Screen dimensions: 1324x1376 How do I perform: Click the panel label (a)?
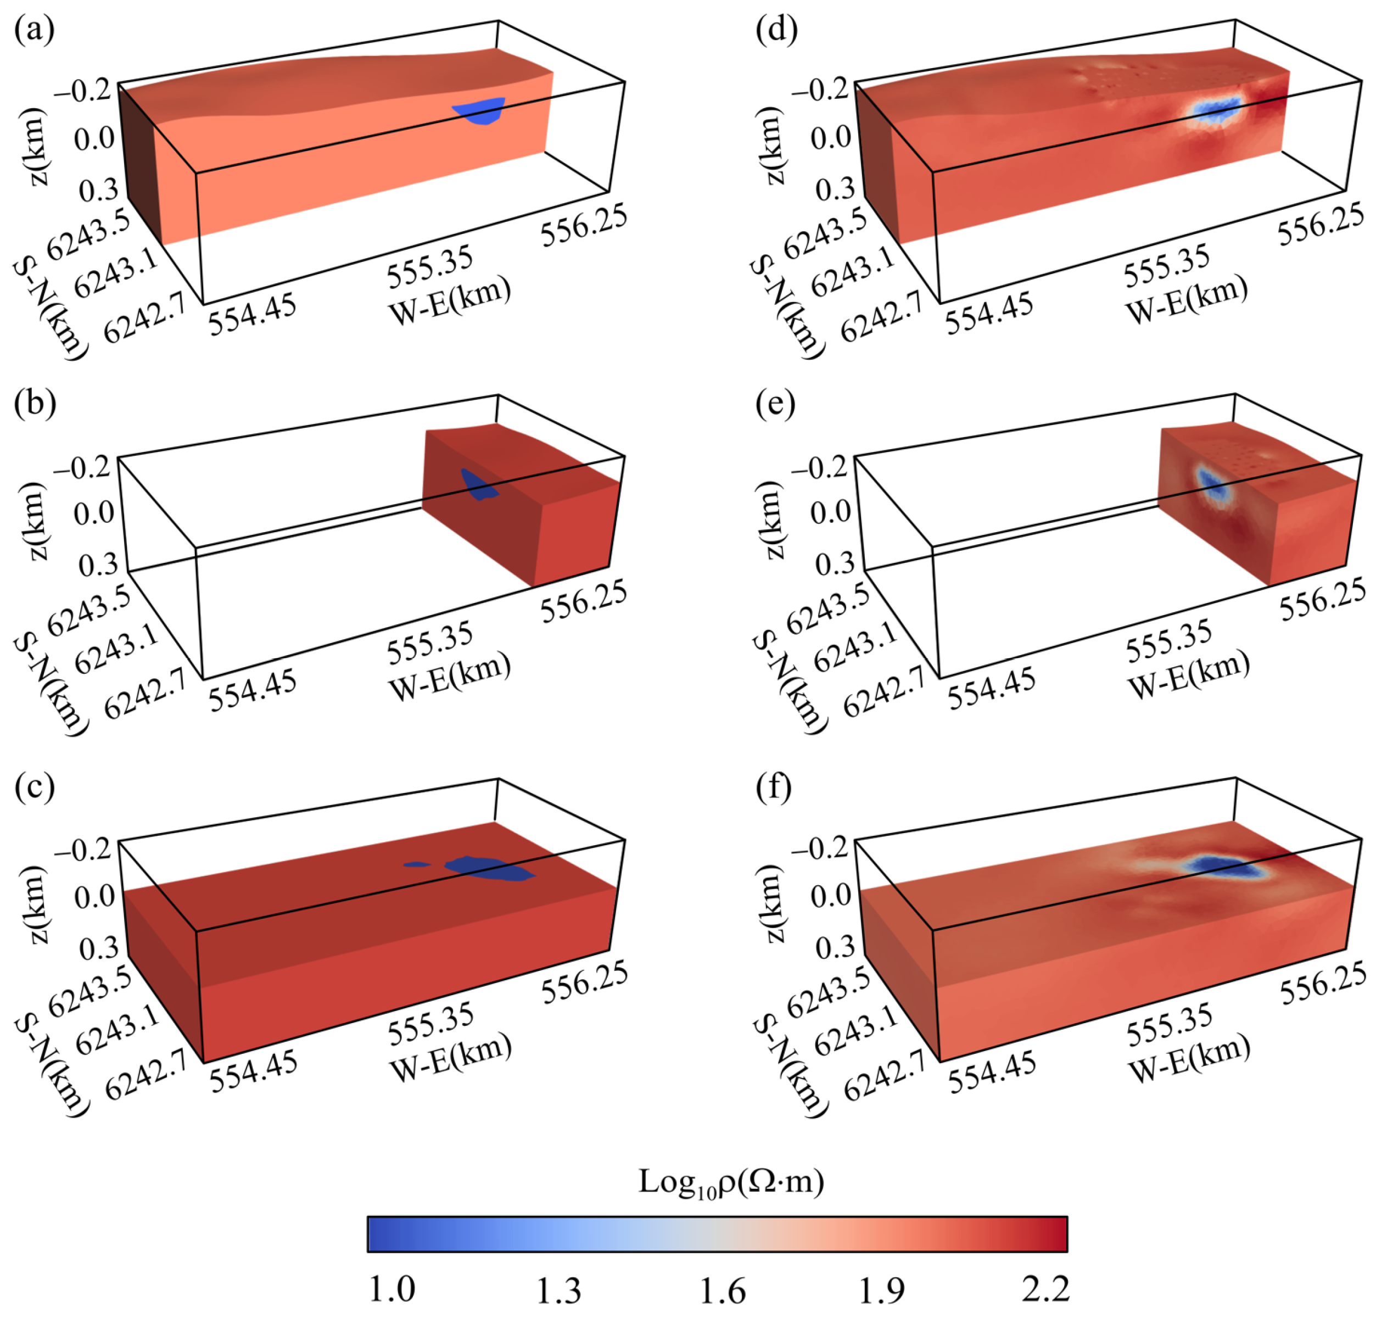(33, 31)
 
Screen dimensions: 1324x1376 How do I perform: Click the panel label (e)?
(775, 405)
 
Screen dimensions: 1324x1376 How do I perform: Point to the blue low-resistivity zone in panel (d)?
(1217, 110)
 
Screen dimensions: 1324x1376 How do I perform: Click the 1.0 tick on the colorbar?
(391, 1289)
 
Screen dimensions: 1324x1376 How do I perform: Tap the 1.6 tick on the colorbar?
(723, 1289)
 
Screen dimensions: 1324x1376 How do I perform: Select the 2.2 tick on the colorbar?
(1045, 1289)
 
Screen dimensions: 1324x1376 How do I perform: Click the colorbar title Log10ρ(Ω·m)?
(730, 1181)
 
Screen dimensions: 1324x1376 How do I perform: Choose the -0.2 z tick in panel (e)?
(820, 467)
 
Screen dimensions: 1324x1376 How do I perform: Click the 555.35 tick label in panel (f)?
(1169, 1025)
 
